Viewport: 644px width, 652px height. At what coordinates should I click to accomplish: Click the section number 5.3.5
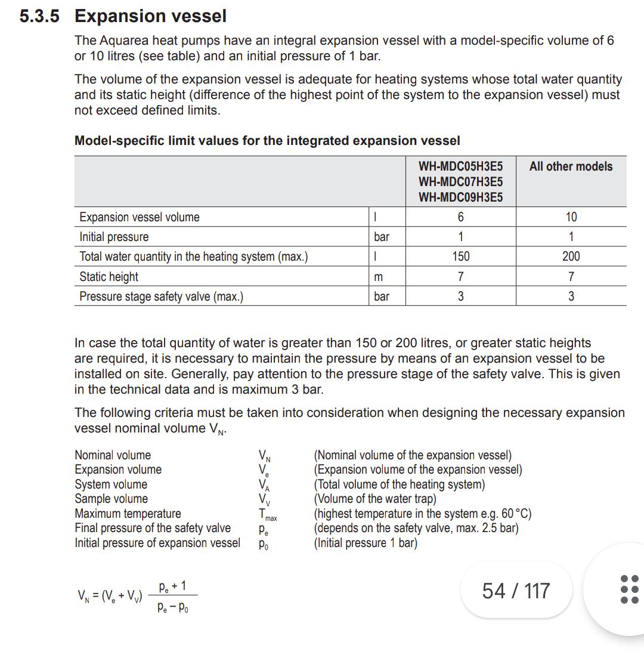coord(39,16)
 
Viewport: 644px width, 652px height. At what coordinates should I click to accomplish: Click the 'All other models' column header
coord(571,166)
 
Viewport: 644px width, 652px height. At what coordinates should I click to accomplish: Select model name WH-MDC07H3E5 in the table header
coord(460,182)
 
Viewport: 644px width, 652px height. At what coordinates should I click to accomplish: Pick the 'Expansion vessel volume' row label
coord(140,217)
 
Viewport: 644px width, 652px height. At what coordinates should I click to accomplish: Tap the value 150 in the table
coord(460,257)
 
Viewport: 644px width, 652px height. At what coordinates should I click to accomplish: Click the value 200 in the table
coord(571,257)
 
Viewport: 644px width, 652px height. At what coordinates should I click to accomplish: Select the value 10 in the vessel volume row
coord(571,217)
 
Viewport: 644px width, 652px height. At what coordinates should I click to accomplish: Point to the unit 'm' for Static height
coord(378,277)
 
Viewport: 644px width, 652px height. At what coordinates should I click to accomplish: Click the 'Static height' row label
coord(109,277)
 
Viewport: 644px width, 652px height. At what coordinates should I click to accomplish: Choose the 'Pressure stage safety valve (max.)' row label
coord(161,296)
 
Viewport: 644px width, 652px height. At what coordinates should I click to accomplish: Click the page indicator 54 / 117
coord(516,591)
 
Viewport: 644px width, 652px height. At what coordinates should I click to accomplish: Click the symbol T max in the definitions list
coord(267,514)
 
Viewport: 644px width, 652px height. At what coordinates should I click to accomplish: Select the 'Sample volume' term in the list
coord(111,499)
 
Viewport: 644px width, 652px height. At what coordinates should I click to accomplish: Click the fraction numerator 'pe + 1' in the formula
coord(172,586)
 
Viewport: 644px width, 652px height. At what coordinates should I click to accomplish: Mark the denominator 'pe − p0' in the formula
coord(174,608)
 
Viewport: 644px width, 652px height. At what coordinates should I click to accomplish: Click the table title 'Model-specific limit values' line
coord(267,141)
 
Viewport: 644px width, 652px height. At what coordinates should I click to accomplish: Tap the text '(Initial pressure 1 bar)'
coord(366,543)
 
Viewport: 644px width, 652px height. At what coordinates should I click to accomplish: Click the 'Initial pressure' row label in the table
coord(114,237)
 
